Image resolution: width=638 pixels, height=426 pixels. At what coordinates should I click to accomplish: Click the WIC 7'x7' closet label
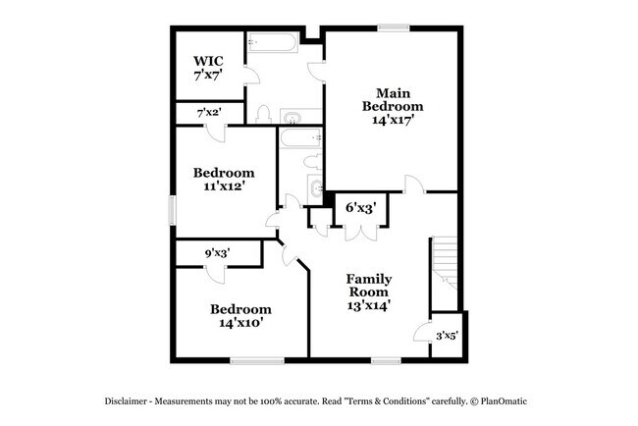coord(207,67)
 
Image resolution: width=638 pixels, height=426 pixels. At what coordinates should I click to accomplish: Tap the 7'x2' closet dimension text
coord(209,114)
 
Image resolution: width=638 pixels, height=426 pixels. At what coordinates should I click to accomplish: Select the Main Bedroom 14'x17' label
coord(393,106)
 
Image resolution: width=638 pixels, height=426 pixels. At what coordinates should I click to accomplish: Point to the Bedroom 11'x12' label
coord(223,178)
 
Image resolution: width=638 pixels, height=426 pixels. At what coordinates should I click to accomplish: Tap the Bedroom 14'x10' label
coord(240,315)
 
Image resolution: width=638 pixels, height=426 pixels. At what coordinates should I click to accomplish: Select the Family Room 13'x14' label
coord(368,292)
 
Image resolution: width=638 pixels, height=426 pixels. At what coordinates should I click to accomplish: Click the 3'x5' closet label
coord(446,336)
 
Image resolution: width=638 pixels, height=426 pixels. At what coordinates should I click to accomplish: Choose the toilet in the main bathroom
coord(263,114)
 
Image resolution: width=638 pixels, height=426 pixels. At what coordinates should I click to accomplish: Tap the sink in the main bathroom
coord(292,119)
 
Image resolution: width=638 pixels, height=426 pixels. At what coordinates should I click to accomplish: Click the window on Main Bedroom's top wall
coord(394,28)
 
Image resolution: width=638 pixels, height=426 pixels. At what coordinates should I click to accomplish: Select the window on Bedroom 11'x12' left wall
coord(172,210)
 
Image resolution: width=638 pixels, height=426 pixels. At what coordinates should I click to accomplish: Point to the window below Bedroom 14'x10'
coord(256,360)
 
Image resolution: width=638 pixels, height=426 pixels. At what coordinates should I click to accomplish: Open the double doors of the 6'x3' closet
coord(361,233)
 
